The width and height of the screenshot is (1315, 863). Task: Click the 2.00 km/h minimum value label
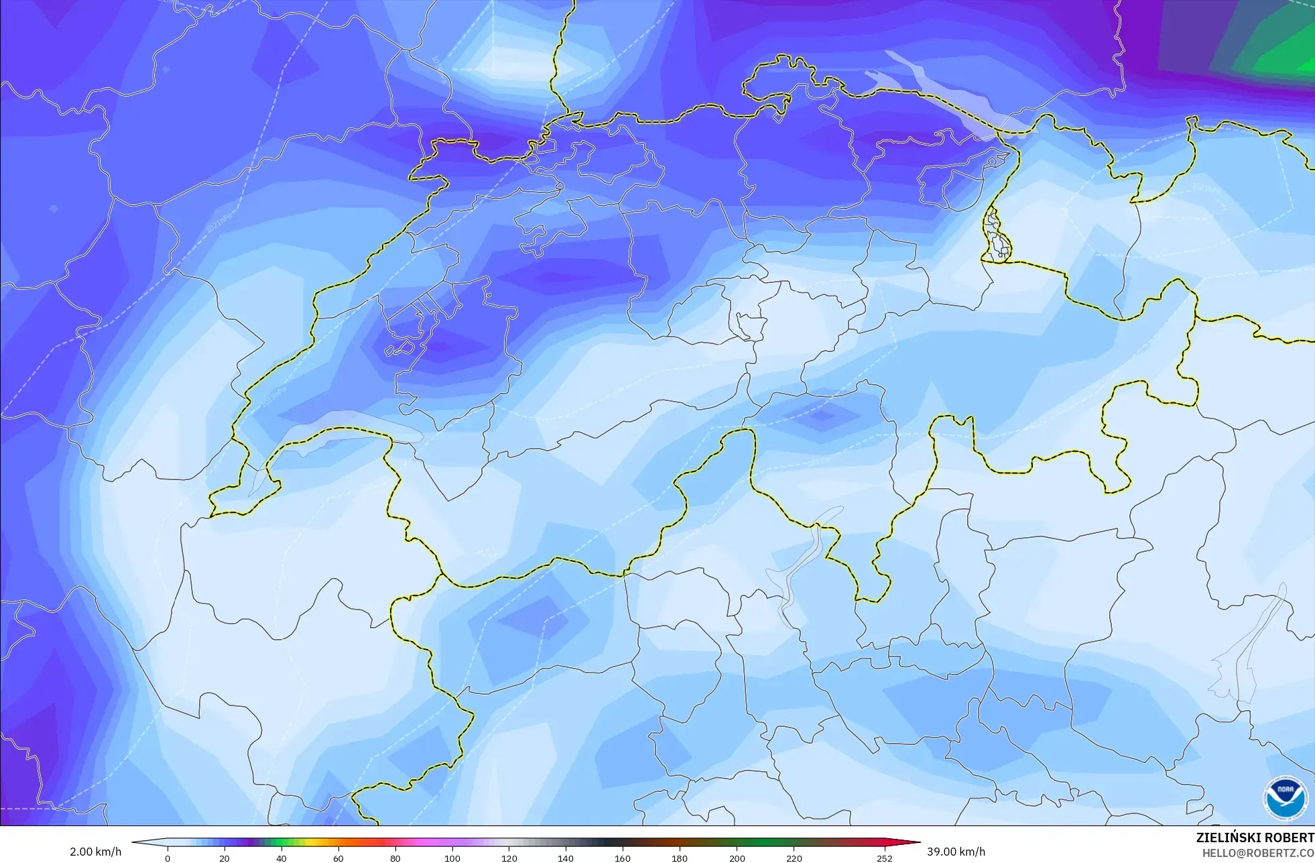(95, 852)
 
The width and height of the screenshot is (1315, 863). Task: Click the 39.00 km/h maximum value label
(956, 852)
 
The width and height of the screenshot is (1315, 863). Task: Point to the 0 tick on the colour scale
(168, 858)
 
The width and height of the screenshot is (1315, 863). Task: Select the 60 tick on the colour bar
(338, 858)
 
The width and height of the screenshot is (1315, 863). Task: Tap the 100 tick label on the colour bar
(452, 858)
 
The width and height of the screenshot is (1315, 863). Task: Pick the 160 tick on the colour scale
(623, 858)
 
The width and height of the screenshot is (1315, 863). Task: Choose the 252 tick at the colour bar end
(885, 858)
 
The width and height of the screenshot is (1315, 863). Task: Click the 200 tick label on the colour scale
(737, 858)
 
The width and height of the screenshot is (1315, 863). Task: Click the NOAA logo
(1285, 798)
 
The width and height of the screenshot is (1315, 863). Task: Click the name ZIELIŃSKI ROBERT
(1255, 838)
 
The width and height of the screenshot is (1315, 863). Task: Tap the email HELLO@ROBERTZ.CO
(1257, 853)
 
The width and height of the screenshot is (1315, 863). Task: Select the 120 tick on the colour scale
(509, 858)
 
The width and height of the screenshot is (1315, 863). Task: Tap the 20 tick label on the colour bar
(225, 858)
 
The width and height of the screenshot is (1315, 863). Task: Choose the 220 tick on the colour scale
(794, 858)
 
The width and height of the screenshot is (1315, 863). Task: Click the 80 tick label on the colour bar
(395, 858)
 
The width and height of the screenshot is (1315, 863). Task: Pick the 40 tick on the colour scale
(281, 858)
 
